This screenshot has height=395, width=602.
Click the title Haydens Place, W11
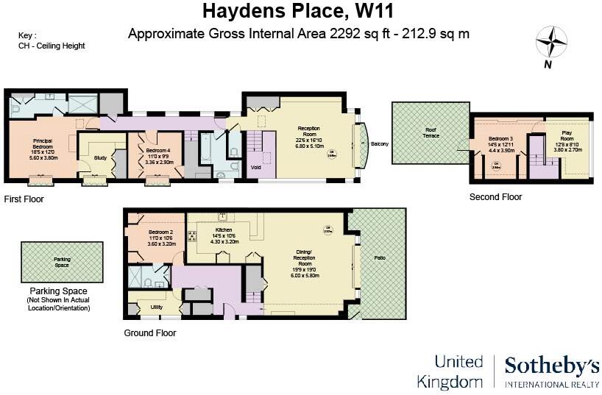coord(299,11)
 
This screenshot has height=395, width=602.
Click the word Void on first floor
coord(255,167)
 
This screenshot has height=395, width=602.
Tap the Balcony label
coord(380,143)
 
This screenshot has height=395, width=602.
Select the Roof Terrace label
coord(431,133)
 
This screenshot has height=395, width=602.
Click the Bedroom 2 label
coord(155,232)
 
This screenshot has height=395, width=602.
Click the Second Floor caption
coord(496,197)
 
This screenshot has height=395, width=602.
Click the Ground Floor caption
coord(150,332)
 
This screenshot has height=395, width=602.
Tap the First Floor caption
coord(24,199)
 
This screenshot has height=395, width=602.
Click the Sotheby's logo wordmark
coord(551,366)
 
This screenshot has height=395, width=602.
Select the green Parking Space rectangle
coord(62,262)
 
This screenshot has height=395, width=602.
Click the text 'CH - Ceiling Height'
coord(52,46)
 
